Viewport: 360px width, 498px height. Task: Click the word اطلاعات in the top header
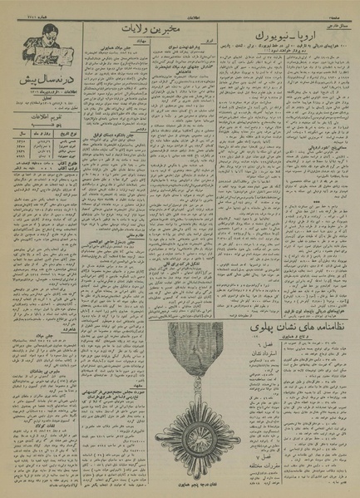coord(180,9)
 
